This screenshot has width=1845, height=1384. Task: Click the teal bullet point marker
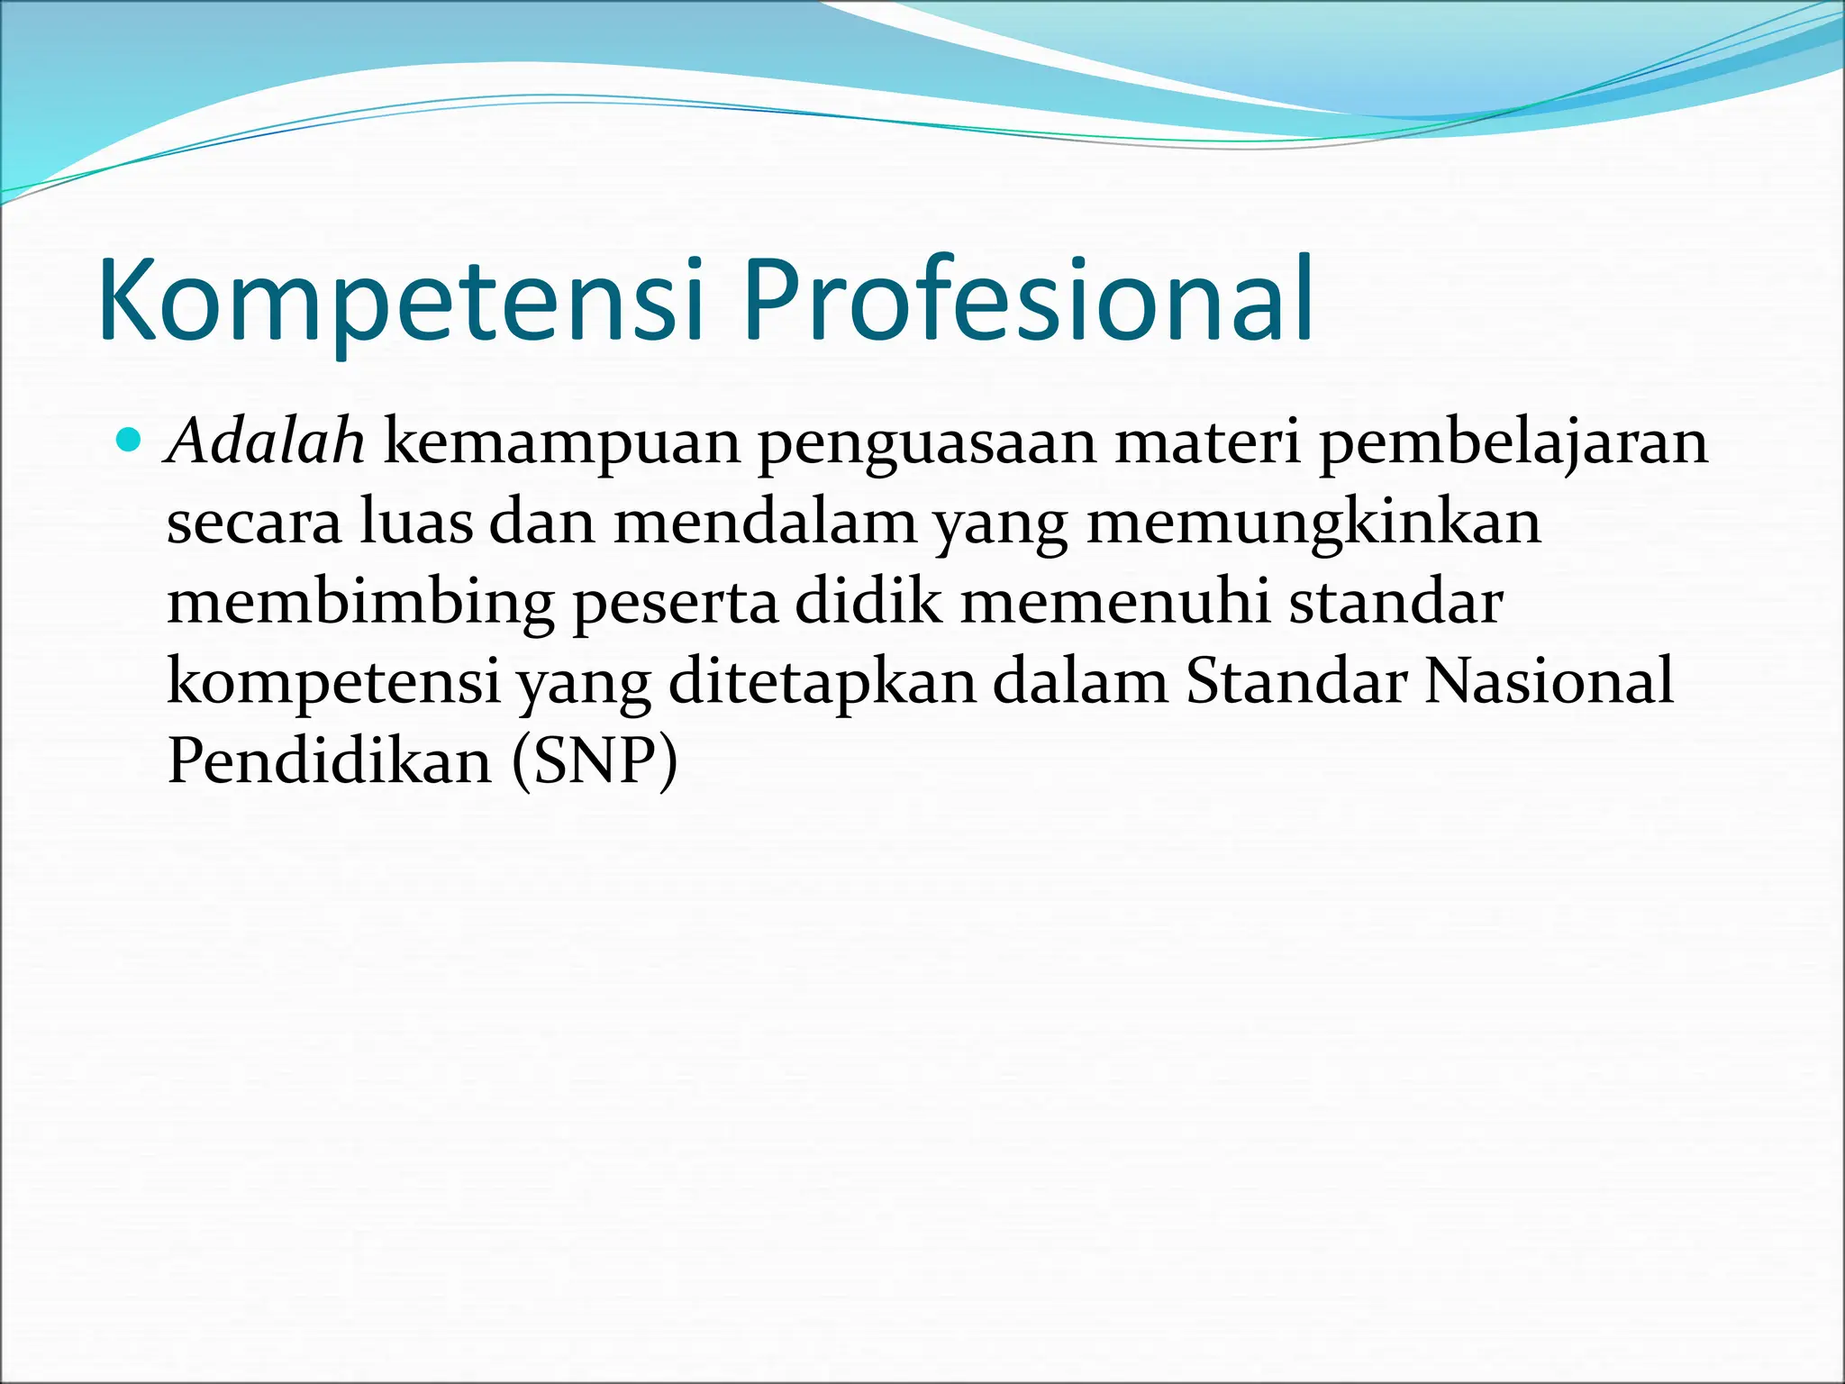click(x=130, y=441)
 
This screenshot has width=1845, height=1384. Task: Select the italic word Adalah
click(x=267, y=442)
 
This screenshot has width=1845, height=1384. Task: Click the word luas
click(x=415, y=522)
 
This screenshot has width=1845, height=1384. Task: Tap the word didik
click(x=868, y=601)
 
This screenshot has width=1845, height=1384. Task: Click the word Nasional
click(x=1549, y=680)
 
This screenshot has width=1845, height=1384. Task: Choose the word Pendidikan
click(x=330, y=760)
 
